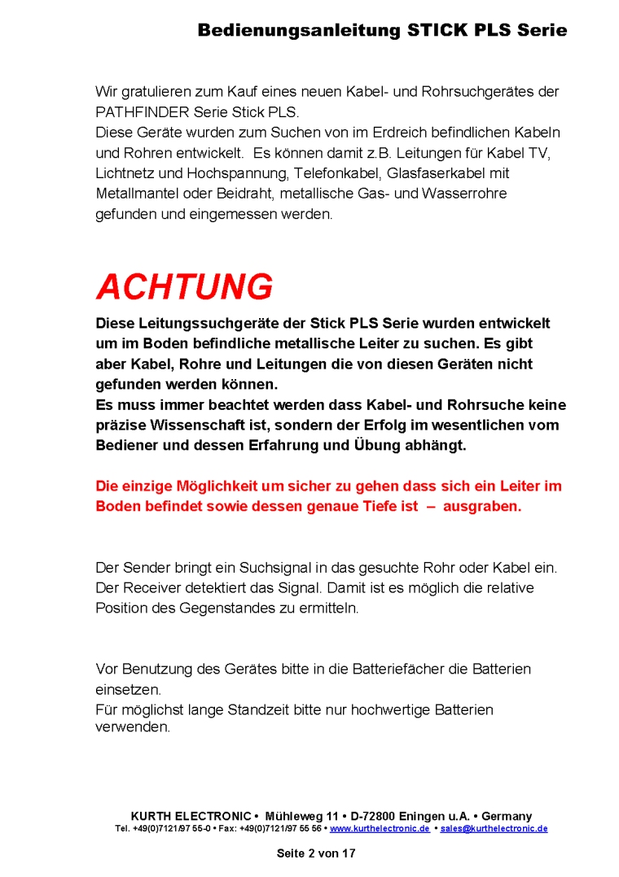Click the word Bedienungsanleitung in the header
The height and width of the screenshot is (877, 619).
click(298, 31)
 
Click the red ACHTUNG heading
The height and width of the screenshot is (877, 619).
click(184, 287)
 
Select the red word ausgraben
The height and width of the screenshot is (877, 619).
click(482, 506)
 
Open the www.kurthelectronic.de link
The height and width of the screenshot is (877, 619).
click(380, 829)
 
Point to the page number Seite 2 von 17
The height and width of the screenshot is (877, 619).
click(316, 853)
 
